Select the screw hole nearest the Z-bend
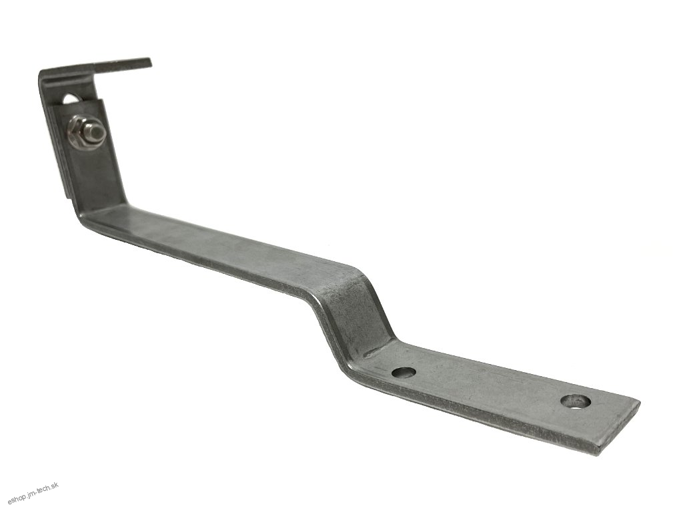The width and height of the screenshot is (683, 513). (x=404, y=373)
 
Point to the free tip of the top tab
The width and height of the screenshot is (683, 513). (x=149, y=62)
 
